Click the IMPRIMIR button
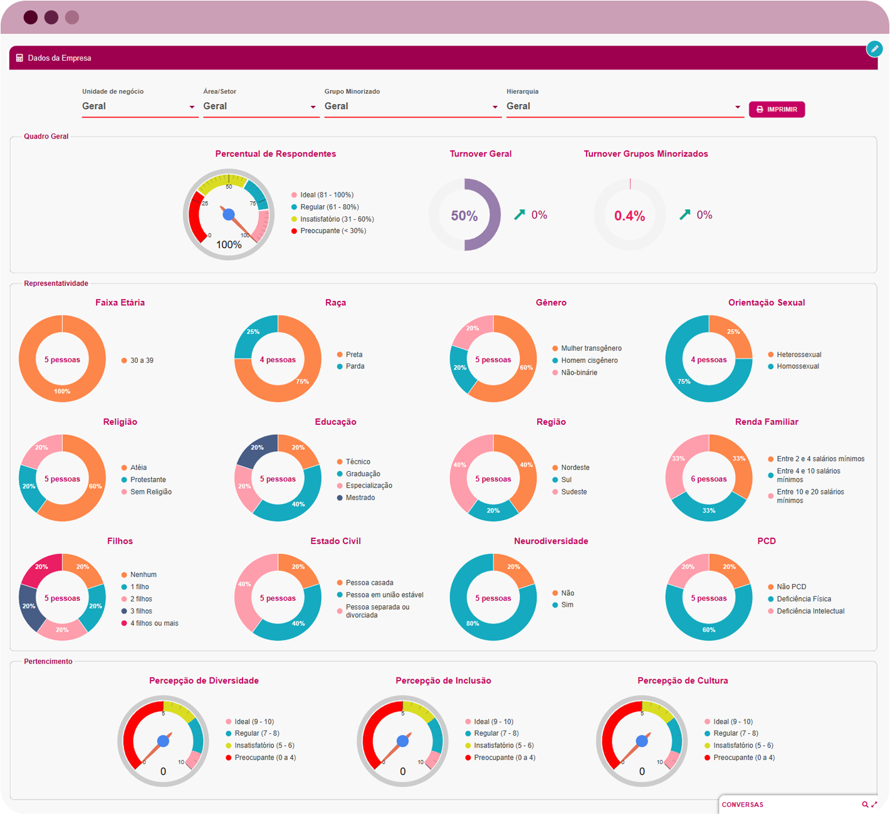[777, 110]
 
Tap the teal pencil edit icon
[874, 49]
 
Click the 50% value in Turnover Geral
[464, 216]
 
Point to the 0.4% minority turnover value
[629, 216]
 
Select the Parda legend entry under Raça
[355, 367]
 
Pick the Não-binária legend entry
[578, 373]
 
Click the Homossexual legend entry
[797, 367]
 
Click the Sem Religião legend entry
[150, 492]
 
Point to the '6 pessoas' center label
[709, 479]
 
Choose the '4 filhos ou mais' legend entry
[154, 624]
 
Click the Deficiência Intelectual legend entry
[810, 611]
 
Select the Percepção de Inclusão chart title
[443, 681]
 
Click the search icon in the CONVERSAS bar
[865, 805]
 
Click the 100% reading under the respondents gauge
[229, 245]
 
